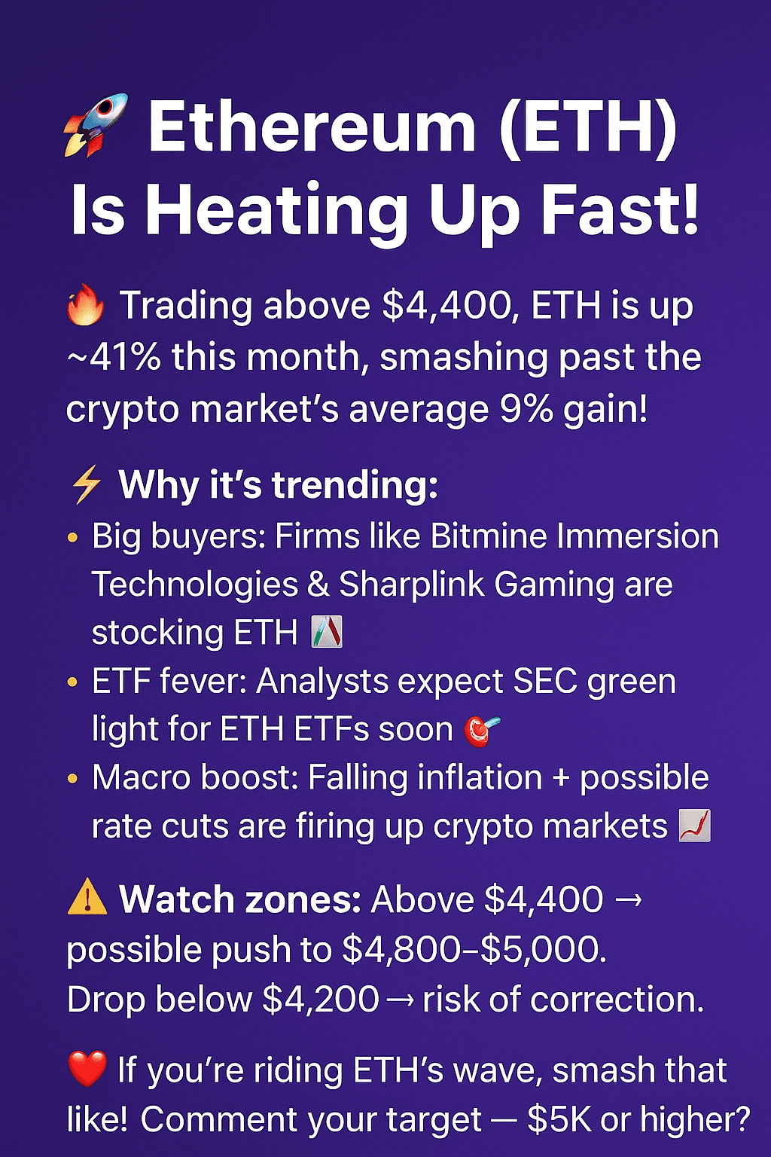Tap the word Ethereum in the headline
pos(312,126)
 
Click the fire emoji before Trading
pos(86,307)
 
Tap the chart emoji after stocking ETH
pos(327,632)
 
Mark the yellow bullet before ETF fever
pos(72,682)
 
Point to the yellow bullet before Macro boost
pos(72,778)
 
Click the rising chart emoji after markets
pos(694,826)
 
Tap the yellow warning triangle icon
pos(87,899)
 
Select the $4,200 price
pos(321,1000)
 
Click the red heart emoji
pos(87,1069)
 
